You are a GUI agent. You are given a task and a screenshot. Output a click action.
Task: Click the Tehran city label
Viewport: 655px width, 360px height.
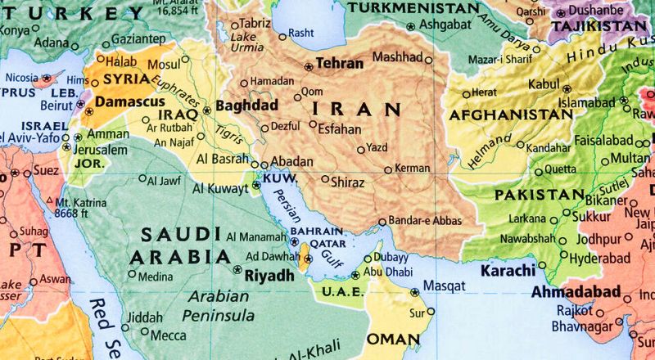point(339,62)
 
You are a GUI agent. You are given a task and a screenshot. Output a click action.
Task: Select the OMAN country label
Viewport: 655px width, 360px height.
point(393,339)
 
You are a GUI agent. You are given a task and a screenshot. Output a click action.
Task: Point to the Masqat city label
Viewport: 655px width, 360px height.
point(444,287)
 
